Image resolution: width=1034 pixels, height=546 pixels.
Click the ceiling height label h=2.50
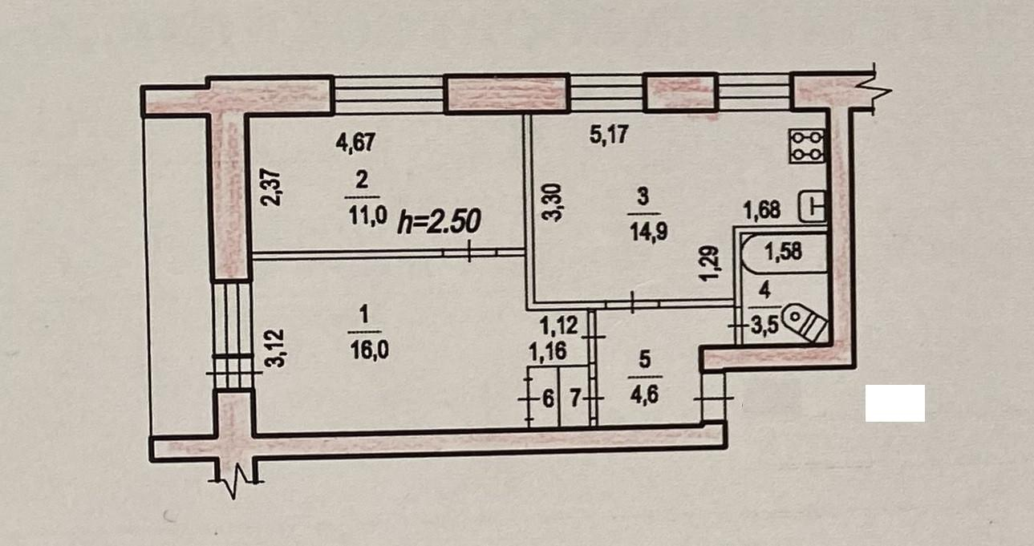point(439,221)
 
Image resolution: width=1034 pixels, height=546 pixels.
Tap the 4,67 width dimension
point(355,142)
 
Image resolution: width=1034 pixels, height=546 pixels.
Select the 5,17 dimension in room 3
point(610,135)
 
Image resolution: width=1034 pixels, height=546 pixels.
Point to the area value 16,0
point(369,350)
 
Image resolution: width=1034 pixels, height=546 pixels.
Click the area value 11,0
point(368,216)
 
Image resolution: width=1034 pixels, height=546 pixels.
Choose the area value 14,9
point(649,233)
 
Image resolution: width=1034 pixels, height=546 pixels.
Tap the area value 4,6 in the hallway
point(644,396)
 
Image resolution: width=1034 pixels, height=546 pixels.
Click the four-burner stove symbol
point(807,146)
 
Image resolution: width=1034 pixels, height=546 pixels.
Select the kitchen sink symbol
point(813,206)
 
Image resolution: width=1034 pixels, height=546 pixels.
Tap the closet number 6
point(548,398)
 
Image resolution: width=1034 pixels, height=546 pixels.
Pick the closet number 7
point(574,398)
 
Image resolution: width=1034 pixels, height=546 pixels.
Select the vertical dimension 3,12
point(277,348)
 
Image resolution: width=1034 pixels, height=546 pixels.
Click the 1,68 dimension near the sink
point(762,210)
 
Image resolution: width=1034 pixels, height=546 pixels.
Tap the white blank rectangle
point(895,403)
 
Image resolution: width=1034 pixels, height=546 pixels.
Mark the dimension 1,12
point(558,326)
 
